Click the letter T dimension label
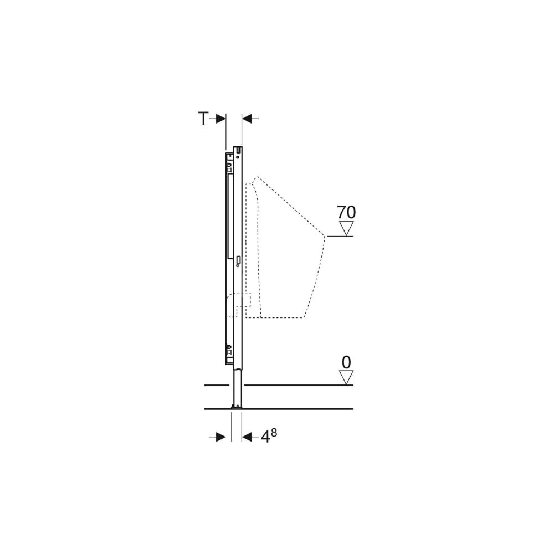[x=203, y=119]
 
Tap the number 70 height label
[x=346, y=212]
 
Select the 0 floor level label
[x=347, y=362]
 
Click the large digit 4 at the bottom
[x=265, y=437]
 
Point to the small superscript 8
[x=274, y=433]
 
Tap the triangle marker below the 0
[x=346, y=377]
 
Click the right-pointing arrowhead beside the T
[x=220, y=119]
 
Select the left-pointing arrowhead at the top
[x=247, y=119]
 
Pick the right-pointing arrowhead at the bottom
[x=220, y=437]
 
